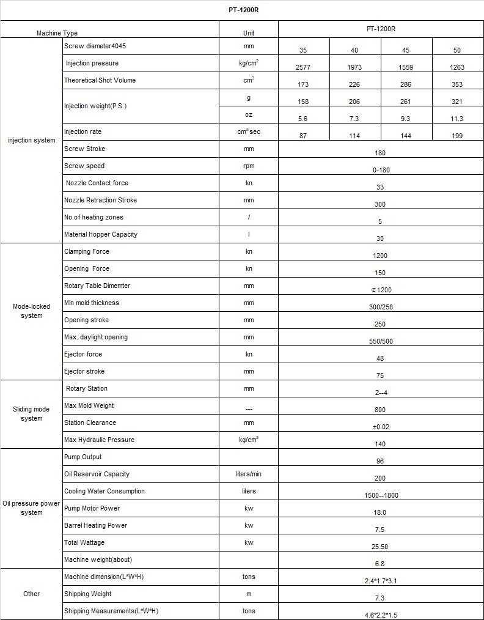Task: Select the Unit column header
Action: click(248, 33)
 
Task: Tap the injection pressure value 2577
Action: click(303, 67)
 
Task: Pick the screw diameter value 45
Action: click(406, 50)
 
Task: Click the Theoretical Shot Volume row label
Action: click(100, 81)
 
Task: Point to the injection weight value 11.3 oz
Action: click(457, 119)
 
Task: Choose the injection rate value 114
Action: click(354, 136)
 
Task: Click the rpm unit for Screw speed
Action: click(248, 166)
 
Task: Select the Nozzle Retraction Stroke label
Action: click(100, 201)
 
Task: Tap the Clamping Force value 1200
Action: click(380, 256)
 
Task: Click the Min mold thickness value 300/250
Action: click(380, 307)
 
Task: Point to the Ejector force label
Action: click(83, 355)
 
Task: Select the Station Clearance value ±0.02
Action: click(380, 427)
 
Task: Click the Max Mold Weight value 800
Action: click(380, 410)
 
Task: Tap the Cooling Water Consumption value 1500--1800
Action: click(380, 495)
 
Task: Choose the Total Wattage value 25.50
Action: click(380, 547)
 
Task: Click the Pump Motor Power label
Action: click(92, 509)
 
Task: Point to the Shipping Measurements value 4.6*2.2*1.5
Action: click(380, 615)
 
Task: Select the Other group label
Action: click(31, 594)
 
